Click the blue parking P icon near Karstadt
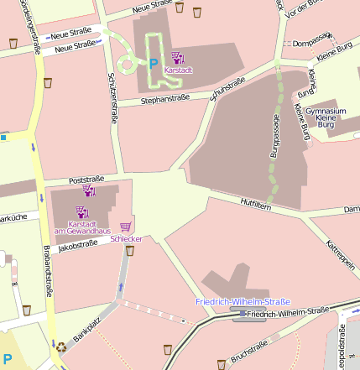153,63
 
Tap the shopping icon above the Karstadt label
177,57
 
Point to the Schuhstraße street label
227,88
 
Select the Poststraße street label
86,179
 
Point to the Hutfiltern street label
255,203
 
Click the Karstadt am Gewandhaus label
83,227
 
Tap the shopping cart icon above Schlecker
126,227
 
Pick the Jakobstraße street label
79,247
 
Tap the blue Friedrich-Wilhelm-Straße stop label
242,301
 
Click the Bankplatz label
86,328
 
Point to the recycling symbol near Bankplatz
60,345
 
